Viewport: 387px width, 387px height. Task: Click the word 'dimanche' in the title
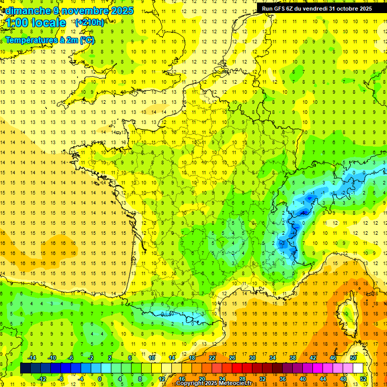click(26, 11)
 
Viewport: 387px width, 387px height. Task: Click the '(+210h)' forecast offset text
click(90, 22)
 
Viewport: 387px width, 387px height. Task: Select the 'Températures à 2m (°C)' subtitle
click(50, 40)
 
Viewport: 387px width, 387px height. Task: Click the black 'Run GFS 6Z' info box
click(317, 8)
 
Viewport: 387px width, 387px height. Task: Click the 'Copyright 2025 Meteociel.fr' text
click(214, 383)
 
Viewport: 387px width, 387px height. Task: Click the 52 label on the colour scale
click(363, 379)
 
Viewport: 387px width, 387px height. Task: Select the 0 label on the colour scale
click(100, 379)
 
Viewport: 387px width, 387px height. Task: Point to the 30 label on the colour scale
click(252, 358)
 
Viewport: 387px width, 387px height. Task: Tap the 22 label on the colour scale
click(212, 358)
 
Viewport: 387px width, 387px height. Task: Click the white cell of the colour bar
click(358, 368)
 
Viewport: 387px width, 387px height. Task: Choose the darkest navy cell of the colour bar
click(25, 368)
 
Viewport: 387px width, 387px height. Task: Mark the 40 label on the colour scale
click(303, 379)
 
